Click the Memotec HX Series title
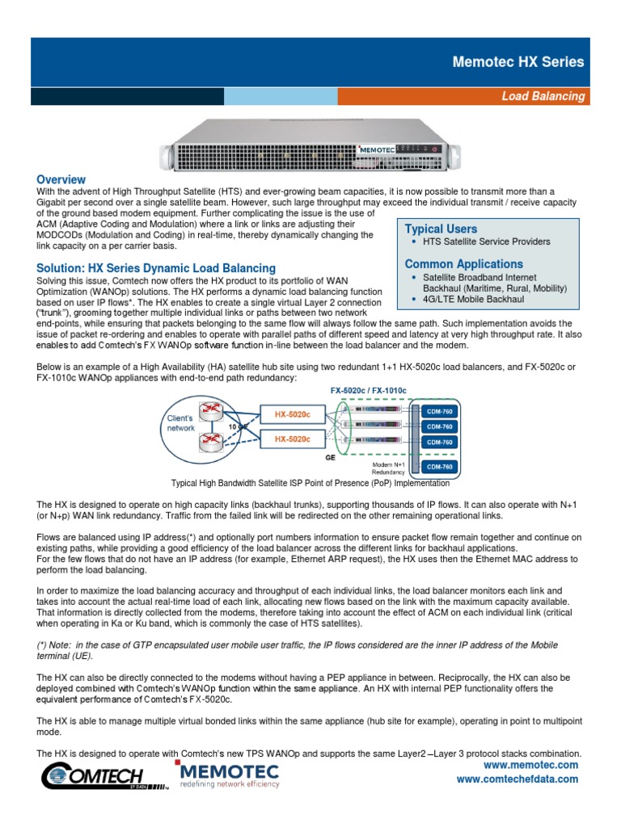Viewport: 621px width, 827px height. pos(517,61)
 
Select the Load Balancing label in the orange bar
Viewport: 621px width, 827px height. pos(543,96)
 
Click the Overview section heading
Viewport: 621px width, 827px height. pos(61,179)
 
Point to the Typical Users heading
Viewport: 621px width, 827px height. pos(441,229)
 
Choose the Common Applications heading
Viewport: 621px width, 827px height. pos(463,264)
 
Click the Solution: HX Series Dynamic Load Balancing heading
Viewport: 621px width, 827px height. pos(156,267)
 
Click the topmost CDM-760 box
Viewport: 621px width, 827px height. pos(440,411)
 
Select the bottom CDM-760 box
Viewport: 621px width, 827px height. pos(440,466)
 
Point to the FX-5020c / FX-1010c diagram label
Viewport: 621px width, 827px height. pos(368,391)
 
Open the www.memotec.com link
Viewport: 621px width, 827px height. pos(530,765)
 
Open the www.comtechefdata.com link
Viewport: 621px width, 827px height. pos(517,779)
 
